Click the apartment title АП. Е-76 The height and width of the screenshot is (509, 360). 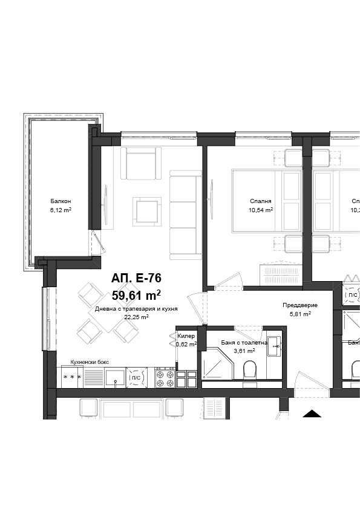(136, 278)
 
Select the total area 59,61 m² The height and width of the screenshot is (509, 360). (136, 295)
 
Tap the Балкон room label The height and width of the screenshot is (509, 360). (61, 201)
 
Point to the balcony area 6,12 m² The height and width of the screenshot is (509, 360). (61, 210)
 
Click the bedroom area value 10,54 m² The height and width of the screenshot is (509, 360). (260, 210)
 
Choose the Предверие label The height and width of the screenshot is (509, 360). (299, 305)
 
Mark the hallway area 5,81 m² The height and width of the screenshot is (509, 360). (299, 314)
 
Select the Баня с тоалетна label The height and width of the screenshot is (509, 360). (236, 343)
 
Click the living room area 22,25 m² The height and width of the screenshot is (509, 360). (136, 316)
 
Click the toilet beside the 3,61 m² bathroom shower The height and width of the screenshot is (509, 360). (249, 371)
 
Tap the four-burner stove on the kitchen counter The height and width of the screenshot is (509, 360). (165, 377)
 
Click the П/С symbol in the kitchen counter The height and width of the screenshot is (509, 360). (136, 377)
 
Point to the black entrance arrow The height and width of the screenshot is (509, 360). (312, 414)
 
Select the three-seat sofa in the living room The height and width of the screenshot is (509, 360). (185, 215)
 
